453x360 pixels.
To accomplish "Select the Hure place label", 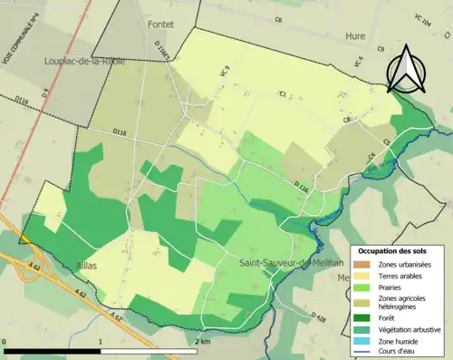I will [x=355, y=36].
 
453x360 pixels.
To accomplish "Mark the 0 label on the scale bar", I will [x=5, y=342].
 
